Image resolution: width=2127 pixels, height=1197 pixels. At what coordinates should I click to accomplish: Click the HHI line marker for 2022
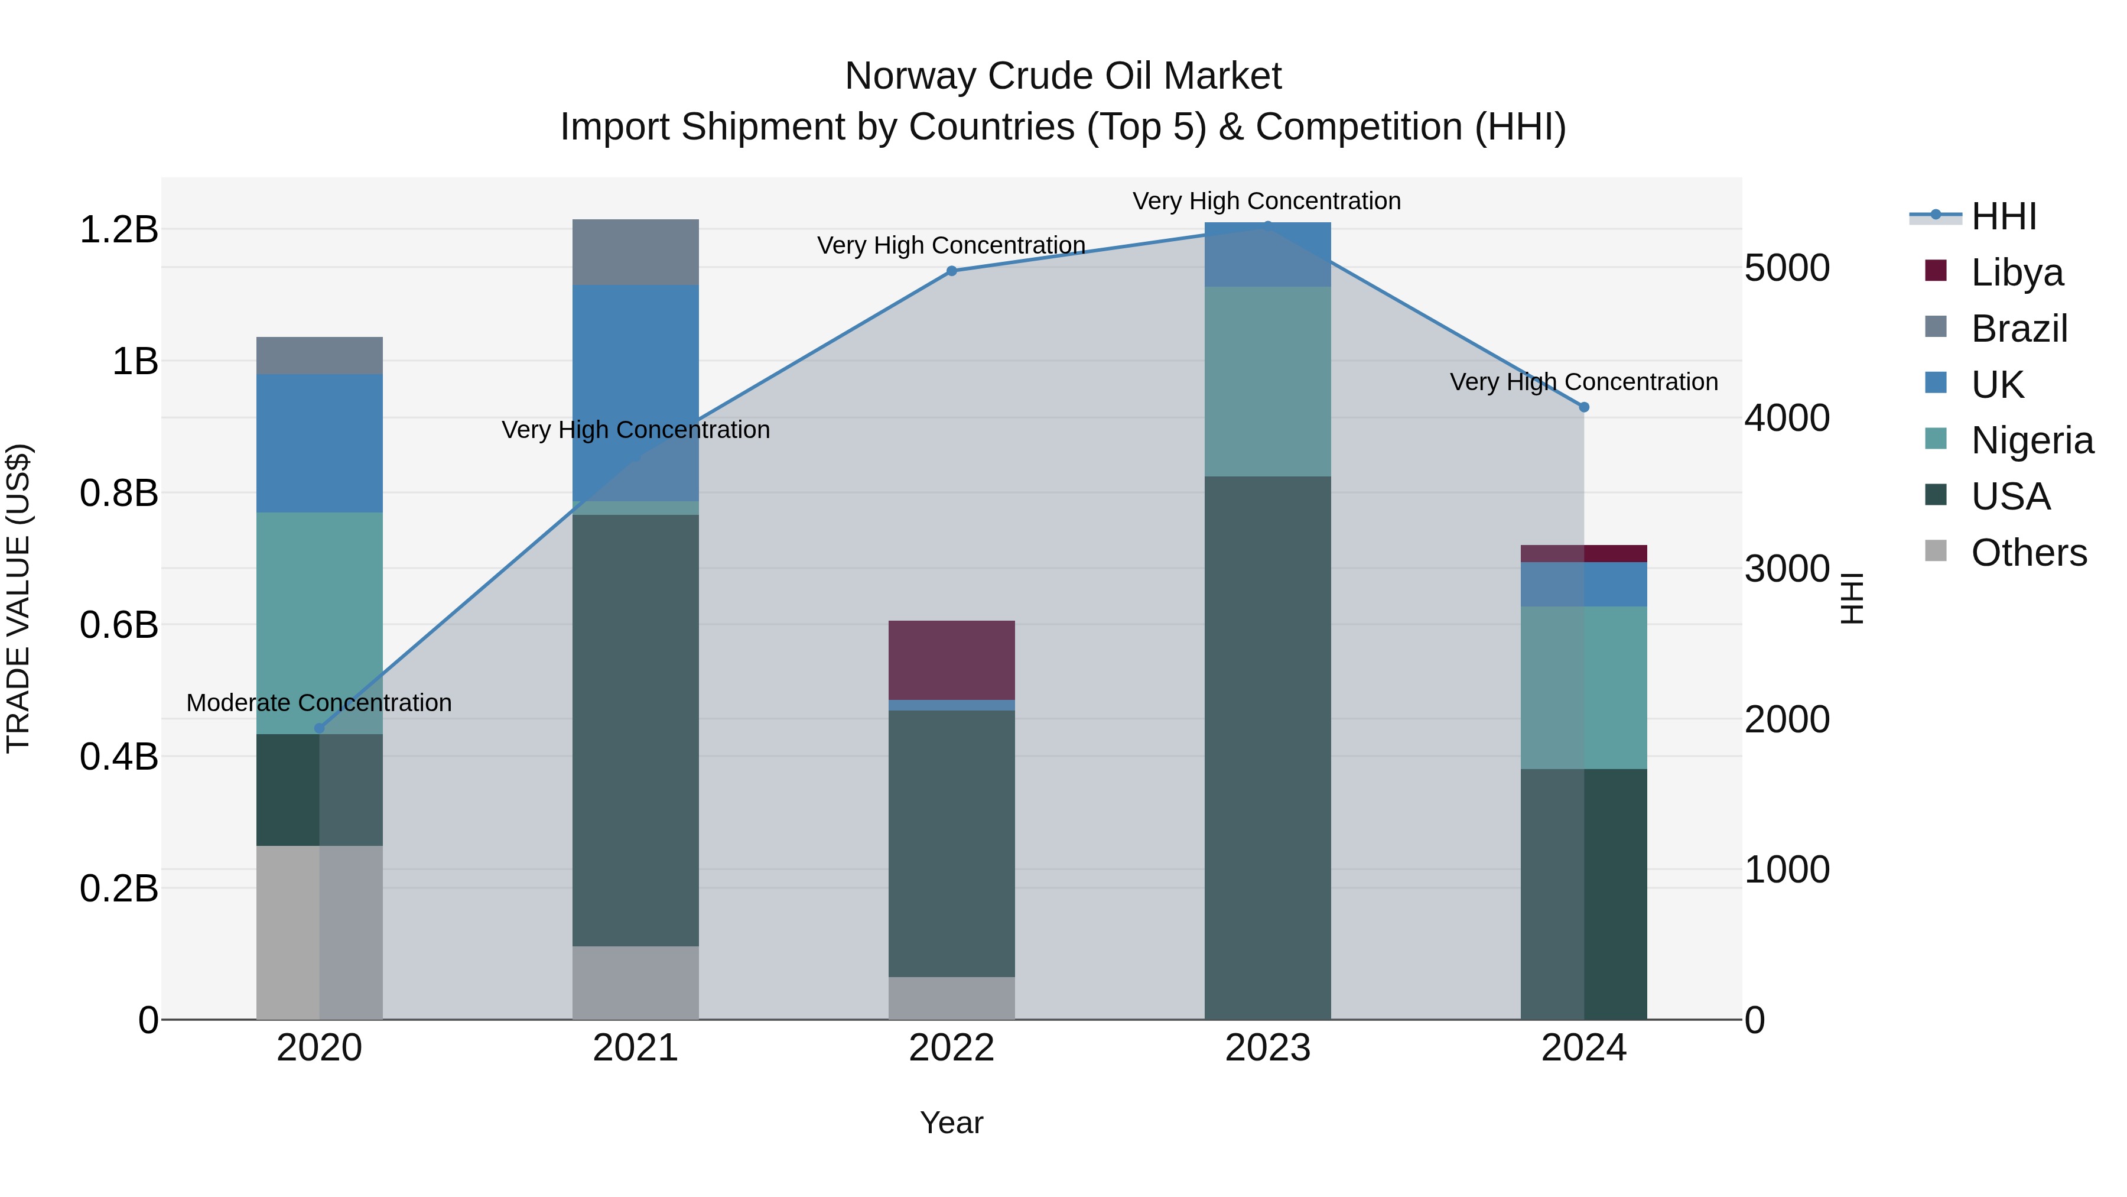[951, 271]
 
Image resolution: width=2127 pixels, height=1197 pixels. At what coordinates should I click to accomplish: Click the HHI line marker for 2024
[1583, 407]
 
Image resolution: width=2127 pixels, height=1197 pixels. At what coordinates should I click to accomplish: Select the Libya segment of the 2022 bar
[951, 660]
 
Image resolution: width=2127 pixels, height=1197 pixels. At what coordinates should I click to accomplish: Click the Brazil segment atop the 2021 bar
[636, 252]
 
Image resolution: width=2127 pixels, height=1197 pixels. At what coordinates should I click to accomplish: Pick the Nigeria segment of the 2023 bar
[1267, 382]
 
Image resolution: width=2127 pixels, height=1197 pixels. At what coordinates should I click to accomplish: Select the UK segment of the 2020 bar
[320, 443]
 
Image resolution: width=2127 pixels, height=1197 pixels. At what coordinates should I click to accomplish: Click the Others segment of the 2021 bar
[636, 983]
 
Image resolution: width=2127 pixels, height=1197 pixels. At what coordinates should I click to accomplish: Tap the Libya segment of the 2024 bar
[1583, 553]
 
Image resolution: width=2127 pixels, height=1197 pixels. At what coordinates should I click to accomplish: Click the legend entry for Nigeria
[2032, 440]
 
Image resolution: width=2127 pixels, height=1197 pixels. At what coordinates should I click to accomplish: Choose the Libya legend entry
[2017, 273]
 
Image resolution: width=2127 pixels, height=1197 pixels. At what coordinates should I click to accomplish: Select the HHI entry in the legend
[2003, 216]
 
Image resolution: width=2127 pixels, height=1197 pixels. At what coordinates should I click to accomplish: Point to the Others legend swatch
[1936, 551]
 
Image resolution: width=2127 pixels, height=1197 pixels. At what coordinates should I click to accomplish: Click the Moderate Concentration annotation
[320, 703]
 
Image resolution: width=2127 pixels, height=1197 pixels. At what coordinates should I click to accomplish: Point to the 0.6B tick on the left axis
[119, 625]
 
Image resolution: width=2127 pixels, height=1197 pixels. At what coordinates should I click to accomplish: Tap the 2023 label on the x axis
[1267, 1048]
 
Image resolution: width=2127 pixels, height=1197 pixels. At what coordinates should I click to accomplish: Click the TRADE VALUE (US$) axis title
[18, 598]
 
